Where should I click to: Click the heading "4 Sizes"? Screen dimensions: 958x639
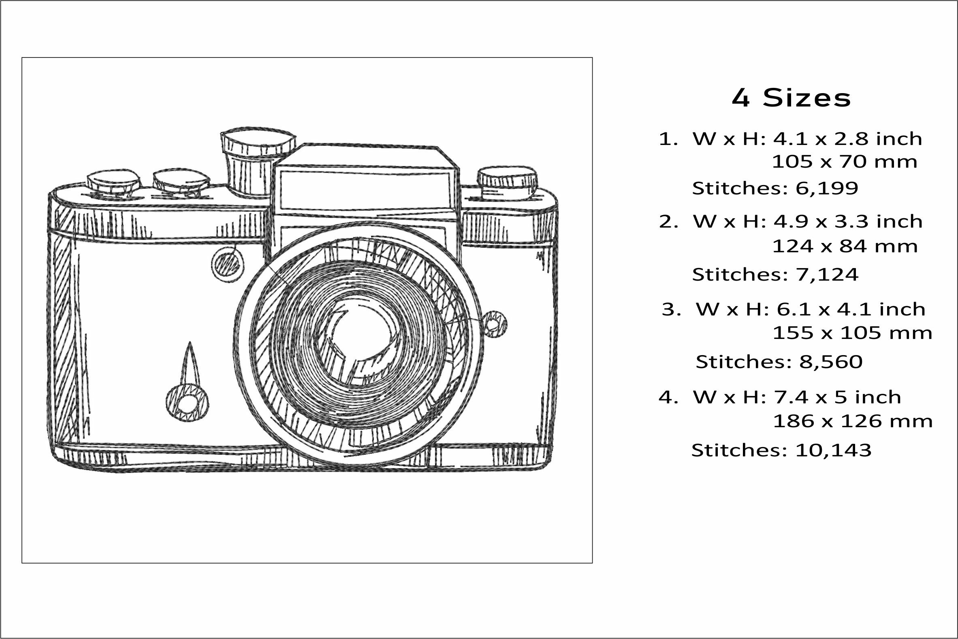coord(791,98)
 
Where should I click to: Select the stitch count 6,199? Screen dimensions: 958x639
coord(827,188)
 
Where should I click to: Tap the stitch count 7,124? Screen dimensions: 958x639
coord(827,275)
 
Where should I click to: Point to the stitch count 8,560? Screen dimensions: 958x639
coord(831,362)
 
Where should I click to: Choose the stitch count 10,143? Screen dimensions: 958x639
coord(833,450)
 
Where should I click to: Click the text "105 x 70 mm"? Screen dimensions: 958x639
coord(845,162)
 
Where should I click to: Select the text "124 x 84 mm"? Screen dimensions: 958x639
coord(845,247)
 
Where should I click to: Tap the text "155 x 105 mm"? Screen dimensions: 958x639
coord(852,333)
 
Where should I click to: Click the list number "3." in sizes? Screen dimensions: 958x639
coord(671,310)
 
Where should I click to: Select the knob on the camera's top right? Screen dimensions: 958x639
coord(507,182)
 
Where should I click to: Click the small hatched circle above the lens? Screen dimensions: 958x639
coord(228,265)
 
